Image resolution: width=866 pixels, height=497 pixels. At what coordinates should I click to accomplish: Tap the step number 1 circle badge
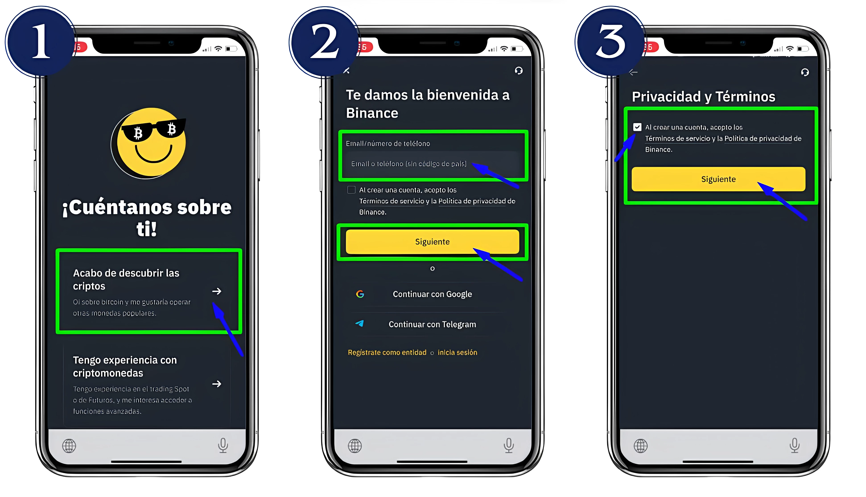pyautogui.click(x=40, y=42)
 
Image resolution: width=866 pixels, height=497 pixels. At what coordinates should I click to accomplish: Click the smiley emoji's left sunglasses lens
pyautogui.click(x=137, y=133)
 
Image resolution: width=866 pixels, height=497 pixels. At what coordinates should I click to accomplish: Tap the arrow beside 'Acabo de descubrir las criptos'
pyautogui.click(x=216, y=291)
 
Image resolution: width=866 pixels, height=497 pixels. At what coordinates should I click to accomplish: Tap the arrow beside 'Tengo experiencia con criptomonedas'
pyautogui.click(x=216, y=384)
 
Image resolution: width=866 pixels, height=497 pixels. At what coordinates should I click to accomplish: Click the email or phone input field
pyautogui.click(x=430, y=164)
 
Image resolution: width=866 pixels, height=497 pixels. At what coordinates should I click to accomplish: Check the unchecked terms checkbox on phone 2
pyautogui.click(x=351, y=190)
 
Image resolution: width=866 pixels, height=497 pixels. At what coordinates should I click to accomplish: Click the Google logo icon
pyautogui.click(x=360, y=294)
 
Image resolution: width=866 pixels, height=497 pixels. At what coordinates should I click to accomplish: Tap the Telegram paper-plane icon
pyautogui.click(x=359, y=324)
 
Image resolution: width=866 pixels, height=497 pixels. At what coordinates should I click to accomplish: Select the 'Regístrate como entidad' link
pyautogui.click(x=387, y=352)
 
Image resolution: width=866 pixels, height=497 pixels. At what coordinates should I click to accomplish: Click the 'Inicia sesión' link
pyautogui.click(x=457, y=352)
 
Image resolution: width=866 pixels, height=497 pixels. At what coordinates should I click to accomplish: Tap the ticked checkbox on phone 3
pyautogui.click(x=637, y=127)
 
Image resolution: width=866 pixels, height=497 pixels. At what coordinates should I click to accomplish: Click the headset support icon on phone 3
pyautogui.click(x=805, y=72)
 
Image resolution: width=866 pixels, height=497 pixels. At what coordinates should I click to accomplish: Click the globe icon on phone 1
pyautogui.click(x=69, y=445)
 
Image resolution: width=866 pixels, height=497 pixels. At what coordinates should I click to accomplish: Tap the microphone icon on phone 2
pyautogui.click(x=509, y=445)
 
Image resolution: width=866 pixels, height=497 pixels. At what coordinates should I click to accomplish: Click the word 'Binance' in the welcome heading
pyautogui.click(x=372, y=113)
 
